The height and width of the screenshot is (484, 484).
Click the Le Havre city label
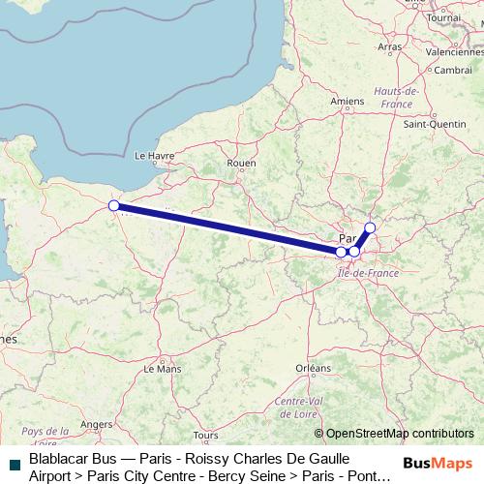click(153, 155)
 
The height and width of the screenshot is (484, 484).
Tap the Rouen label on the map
click(240, 164)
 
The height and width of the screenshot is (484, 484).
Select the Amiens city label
click(347, 101)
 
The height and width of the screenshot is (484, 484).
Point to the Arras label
click(390, 46)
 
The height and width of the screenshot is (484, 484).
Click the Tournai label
click(443, 17)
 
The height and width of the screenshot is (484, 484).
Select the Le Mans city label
click(168, 369)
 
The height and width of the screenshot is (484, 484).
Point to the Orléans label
click(313, 368)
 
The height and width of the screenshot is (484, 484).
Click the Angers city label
click(97, 424)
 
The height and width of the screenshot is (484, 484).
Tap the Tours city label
click(205, 437)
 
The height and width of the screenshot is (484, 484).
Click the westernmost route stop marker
click(114, 205)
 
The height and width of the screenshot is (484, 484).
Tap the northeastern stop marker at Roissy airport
click(369, 228)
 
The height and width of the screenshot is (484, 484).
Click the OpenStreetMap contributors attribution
click(394, 434)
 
